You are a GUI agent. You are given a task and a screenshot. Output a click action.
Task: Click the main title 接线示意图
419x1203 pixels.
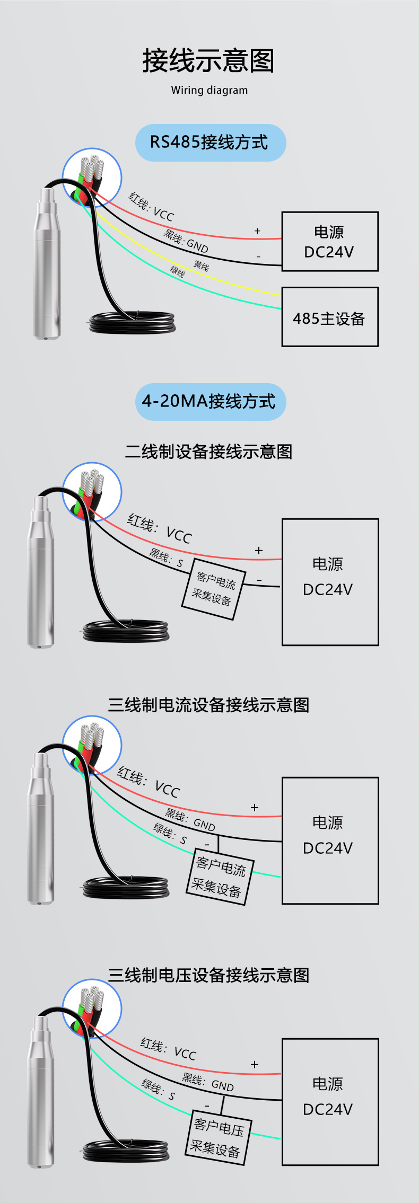(x=208, y=60)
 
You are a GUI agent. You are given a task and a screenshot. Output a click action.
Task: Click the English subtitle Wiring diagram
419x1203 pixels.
(x=209, y=90)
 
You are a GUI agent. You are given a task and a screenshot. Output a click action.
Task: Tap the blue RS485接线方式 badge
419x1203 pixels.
(x=210, y=143)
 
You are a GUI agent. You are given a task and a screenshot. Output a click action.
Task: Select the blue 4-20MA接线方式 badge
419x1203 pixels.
(x=210, y=402)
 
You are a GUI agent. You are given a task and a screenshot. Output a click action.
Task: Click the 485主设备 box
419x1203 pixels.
(x=329, y=317)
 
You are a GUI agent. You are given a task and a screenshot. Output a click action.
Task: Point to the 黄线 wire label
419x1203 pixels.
(x=201, y=266)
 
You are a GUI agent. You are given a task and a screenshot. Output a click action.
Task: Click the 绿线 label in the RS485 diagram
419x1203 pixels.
(x=177, y=272)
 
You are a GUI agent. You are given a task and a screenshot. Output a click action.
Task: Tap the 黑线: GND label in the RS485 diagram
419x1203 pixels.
(x=186, y=241)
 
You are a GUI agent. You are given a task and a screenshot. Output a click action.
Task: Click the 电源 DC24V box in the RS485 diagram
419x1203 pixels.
(x=329, y=242)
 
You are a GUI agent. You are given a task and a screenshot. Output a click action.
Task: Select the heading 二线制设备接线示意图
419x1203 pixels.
(x=208, y=452)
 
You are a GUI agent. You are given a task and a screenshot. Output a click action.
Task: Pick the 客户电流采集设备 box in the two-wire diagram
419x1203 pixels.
(x=214, y=589)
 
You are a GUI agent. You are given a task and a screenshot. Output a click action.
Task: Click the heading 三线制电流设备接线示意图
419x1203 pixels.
(x=208, y=705)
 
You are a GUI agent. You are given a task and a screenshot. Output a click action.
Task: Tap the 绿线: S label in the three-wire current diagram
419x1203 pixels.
(x=170, y=833)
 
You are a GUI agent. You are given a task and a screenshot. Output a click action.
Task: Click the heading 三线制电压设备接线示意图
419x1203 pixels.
(x=208, y=975)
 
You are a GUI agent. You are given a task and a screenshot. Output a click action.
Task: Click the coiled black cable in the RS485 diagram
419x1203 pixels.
(x=132, y=322)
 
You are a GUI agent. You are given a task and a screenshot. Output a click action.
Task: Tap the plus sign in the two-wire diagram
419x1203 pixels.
(x=259, y=550)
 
